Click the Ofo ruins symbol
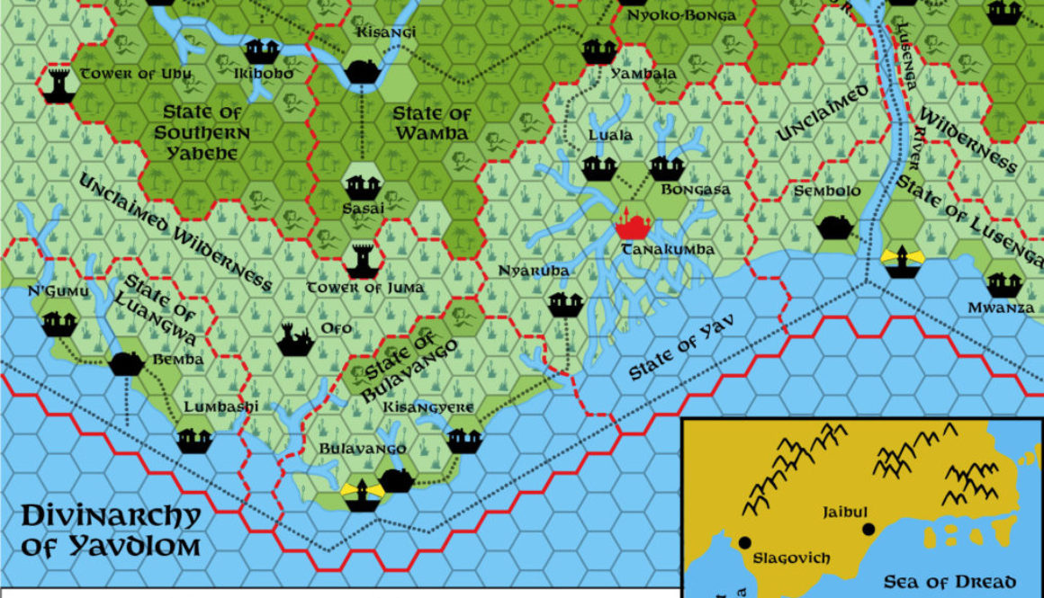click(x=296, y=339)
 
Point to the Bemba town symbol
click(x=126, y=362)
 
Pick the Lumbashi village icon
click(x=193, y=439)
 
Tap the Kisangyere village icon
click(x=464, y=439)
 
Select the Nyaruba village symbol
click(x=564, y=303)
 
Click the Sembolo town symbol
click(x=836, y=227)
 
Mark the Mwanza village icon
click(x=1003, y=284)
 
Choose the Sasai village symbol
click(x=362, y=187)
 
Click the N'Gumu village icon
click(x=58, y=320)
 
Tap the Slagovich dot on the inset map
click(x=745, y=542)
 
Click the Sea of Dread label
click(x=949, y=581)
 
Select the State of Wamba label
click(x=432, y=123)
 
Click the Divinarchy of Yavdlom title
click(x=110, y=531)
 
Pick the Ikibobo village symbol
click(x=263, y=49)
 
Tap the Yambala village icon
click(x=598, y=49)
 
